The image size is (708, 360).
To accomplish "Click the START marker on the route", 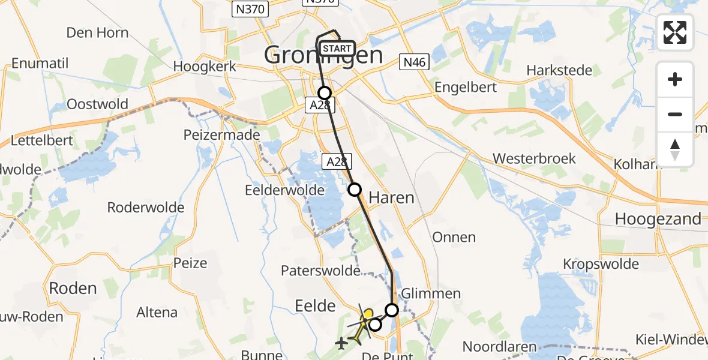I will (337, 49).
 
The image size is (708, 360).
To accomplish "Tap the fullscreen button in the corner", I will (675, 32).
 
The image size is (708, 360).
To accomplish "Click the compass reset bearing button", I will (675, 149).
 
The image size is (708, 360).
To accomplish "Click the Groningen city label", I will (323, 56).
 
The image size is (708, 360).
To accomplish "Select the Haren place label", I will (391, 197).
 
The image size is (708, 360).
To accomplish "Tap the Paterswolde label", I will (320, 271).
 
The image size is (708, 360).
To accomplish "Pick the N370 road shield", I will (250, 9).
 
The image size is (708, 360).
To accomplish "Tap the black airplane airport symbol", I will (341, 344).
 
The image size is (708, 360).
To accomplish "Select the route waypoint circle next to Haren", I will (355, 190).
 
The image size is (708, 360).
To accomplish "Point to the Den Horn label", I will (97, 32).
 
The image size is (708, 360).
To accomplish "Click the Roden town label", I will (73, 288).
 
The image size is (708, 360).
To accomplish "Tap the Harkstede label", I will (559, 70).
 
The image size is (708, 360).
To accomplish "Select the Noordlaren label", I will (499, 346).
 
